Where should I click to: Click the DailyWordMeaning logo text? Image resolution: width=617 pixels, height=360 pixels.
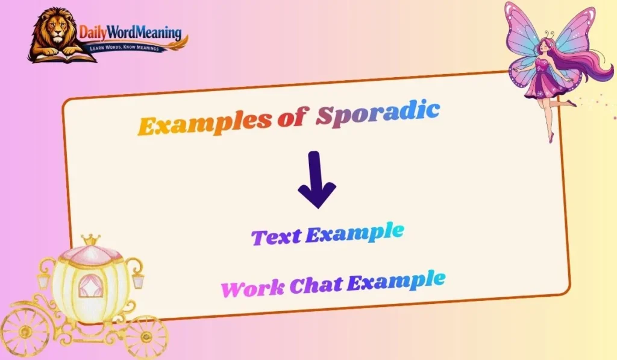pyautogui.click(x=130, y=33)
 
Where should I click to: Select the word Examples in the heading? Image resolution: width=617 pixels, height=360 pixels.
pyautogui.click(x=204, y=122)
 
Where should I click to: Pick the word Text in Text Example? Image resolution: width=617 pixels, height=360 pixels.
pyautogui.click(x=276, y=236)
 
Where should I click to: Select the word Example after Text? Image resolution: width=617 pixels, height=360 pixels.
pyautogui.click(x=354, y=232)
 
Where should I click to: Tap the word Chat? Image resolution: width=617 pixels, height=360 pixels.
pyautogui.click(x=317, y=284)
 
